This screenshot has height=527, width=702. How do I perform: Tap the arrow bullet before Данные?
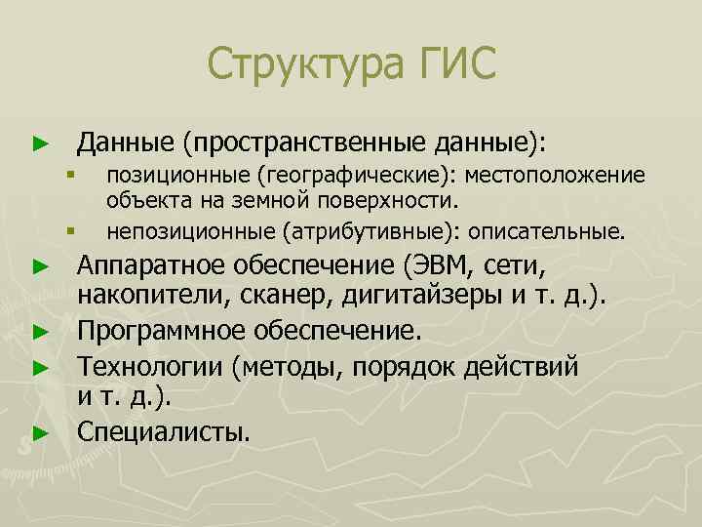(x=39, y=144)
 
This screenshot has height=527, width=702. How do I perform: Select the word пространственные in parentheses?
(x=300, y=143)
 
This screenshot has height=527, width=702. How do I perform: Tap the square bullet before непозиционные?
(x=70, y=232)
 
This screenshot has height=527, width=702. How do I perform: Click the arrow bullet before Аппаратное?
(x=39, y=265)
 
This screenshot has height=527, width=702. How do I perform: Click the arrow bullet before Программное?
(x=39, y=331)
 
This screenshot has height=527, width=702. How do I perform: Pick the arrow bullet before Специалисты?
(x=39, y=431)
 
